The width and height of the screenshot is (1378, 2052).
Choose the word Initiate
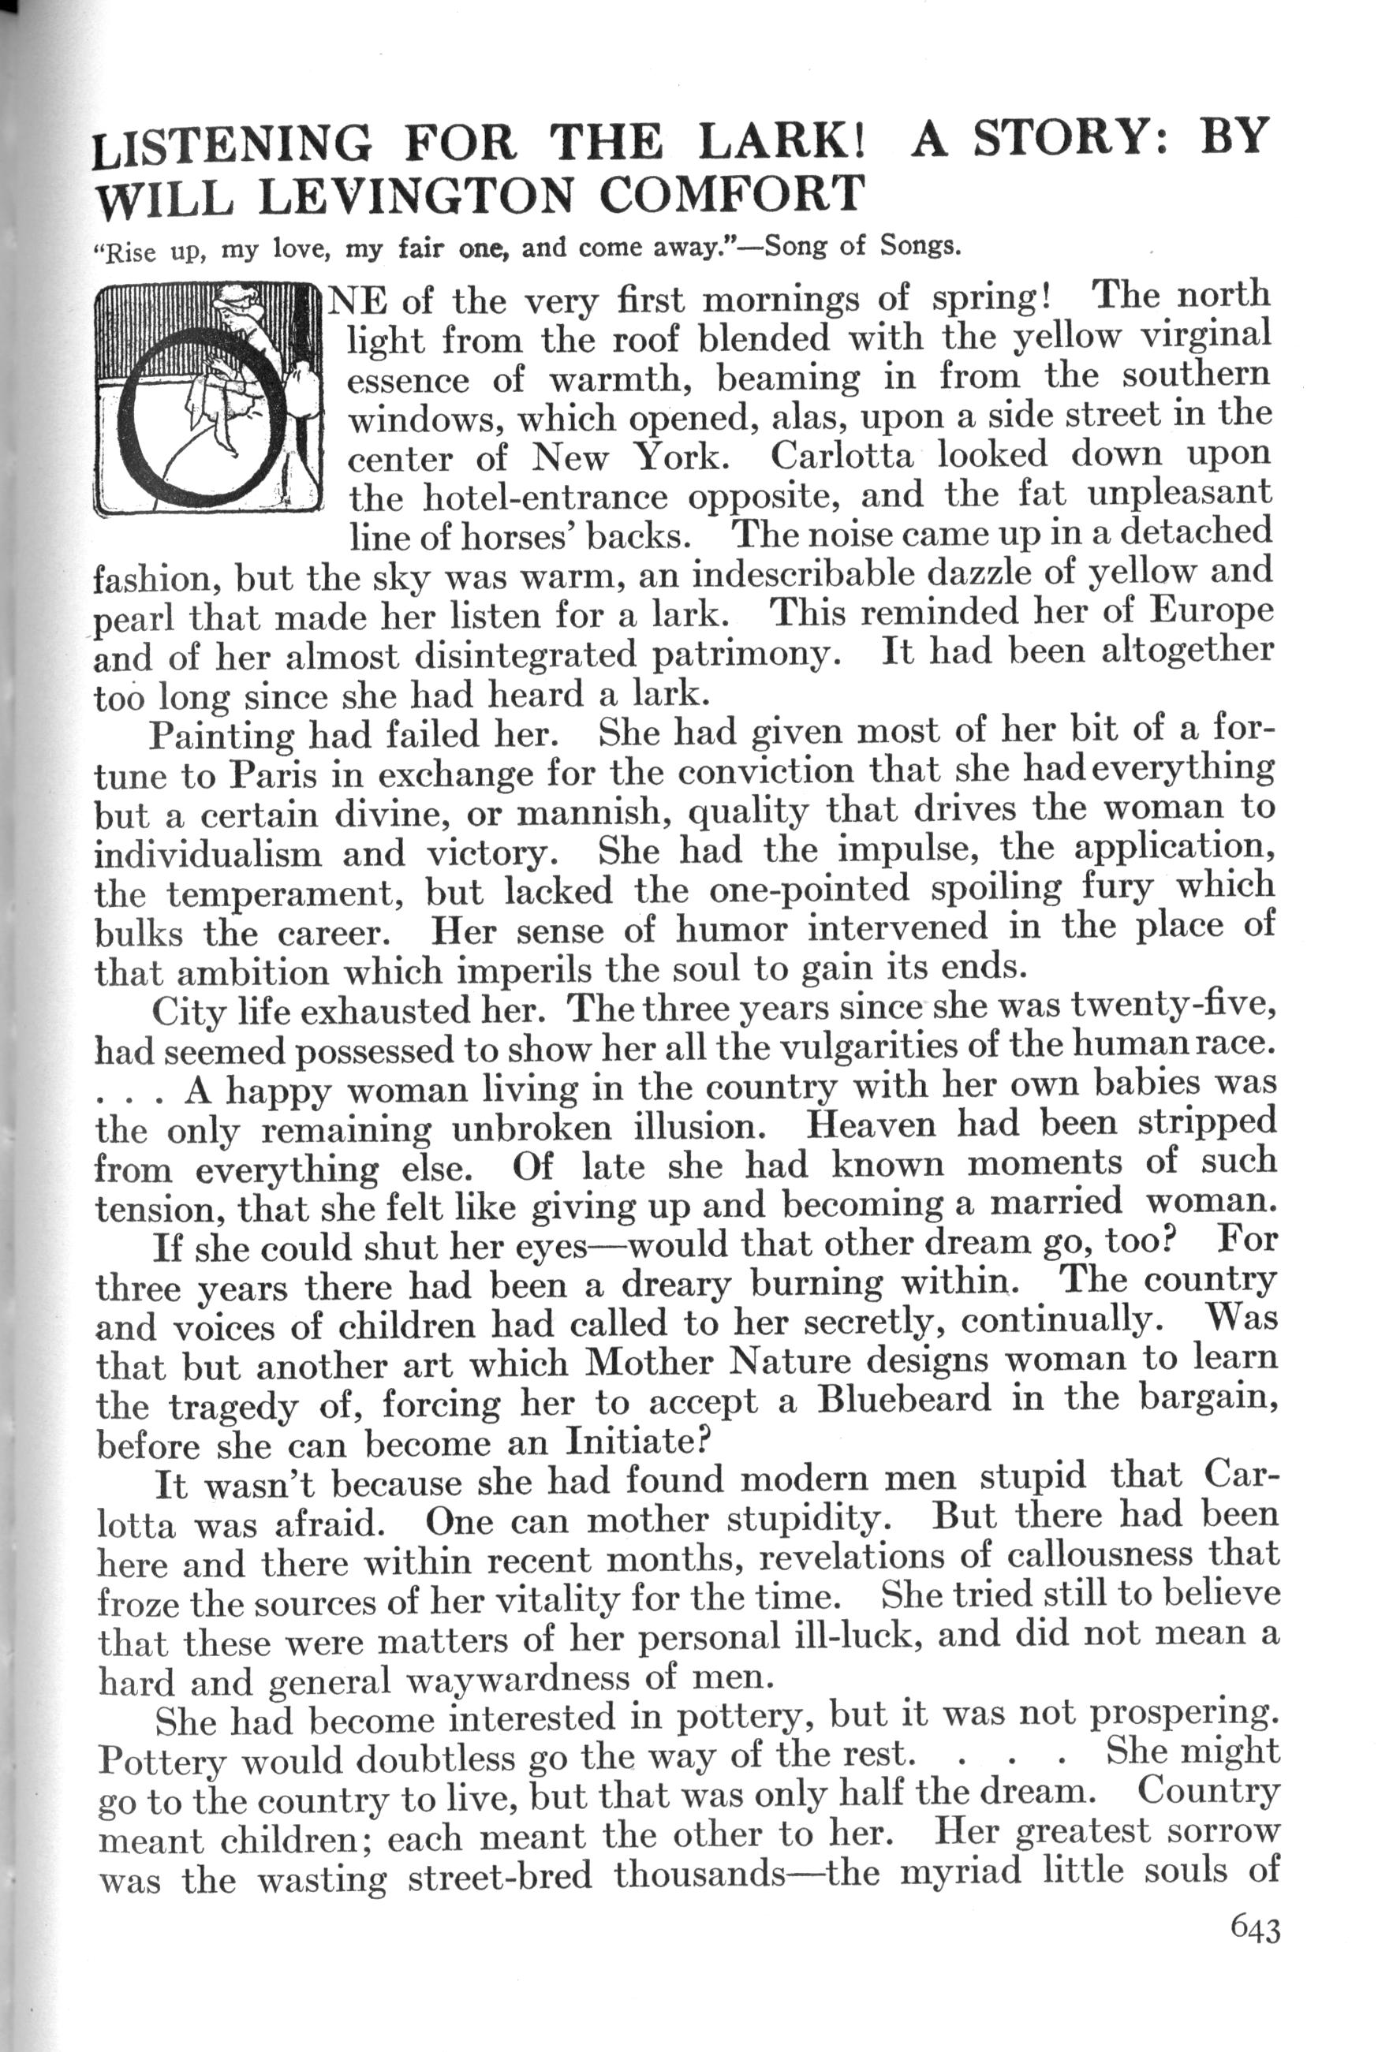[x=629, y=1442]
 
